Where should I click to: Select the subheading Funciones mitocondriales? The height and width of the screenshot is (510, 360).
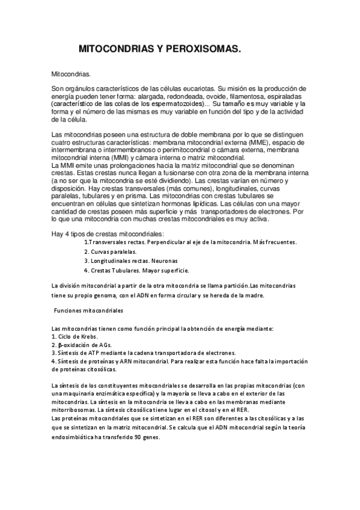88,311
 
